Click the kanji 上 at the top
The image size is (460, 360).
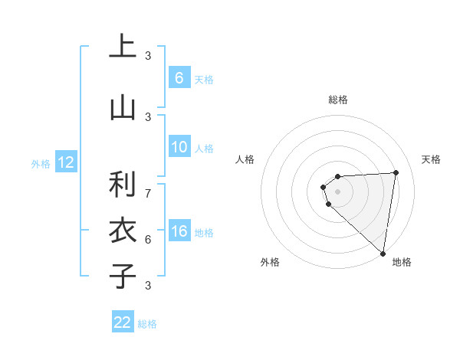coord(122,47)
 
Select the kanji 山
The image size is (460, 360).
coord(122,106)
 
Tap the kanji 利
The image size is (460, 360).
coord(122,185)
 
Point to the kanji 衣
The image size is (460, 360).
coord(122,230)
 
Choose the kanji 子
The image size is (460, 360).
coord(122,275)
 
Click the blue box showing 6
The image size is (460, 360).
coord(179,78)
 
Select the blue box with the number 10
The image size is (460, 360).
coord(179,148)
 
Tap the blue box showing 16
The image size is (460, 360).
coord(179,232)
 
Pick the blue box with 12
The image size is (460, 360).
coord(66,162)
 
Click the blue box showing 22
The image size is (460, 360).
coord(123,322)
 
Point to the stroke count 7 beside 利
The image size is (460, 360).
coord(148,193)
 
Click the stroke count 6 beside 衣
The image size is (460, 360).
coord(148,239)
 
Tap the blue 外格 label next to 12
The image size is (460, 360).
coord(41,163)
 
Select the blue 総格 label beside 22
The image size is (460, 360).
coord(147,324)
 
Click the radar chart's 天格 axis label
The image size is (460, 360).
coord(432,159)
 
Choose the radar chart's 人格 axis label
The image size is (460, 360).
coord(245,159)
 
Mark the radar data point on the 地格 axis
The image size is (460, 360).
coord(383,253)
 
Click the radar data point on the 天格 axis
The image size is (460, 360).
coord(396,172)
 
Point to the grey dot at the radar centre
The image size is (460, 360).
coord(337,191)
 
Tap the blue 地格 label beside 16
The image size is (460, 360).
coord(204,233)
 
